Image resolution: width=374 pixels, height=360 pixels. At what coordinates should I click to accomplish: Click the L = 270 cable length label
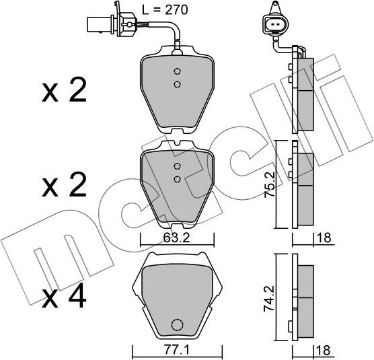pos(165,9)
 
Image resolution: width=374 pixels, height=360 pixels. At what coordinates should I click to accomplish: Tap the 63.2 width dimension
pos(176,237)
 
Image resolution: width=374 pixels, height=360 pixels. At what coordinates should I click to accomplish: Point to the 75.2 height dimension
pos(268,183)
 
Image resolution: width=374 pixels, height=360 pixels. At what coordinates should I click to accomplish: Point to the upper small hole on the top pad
pos(177,73)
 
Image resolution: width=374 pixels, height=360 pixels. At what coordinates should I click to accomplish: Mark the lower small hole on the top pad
pos(177,83)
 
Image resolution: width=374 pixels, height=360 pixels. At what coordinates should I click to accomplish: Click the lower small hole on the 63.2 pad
pos(177,178)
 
